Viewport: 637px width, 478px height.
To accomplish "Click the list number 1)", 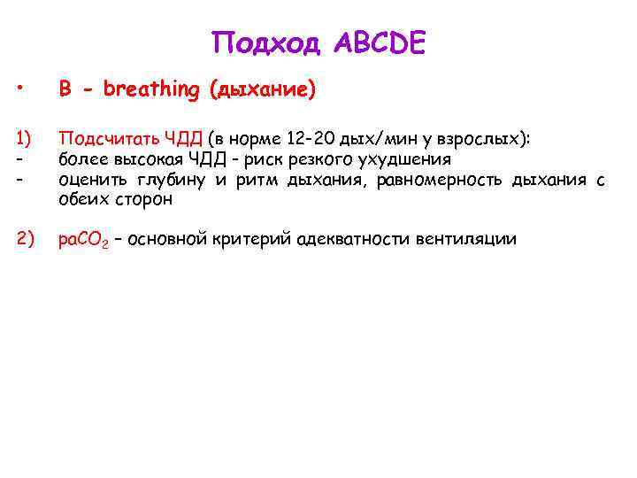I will tap(23, 137).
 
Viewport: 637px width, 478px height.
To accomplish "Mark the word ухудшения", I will tap(406, 159).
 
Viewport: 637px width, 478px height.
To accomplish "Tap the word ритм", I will tap(239, 181).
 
